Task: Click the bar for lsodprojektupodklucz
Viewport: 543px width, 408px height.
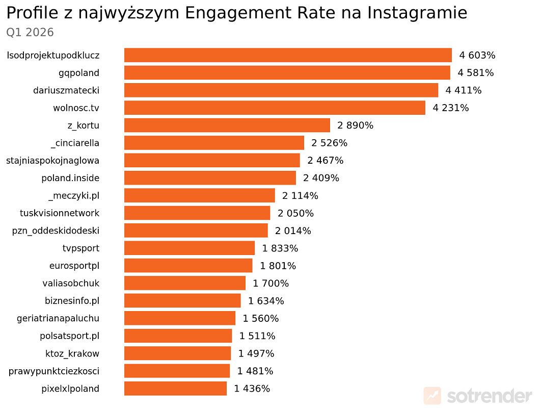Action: click(x=288, y=55)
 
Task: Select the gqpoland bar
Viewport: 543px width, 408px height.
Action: click(x=287, y=72)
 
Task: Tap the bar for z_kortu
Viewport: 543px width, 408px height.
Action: click(x=227, y=125)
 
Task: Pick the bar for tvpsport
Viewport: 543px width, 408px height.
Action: click(x=189, y=248)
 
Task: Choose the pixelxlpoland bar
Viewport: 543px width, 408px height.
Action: click(x=175, y=388)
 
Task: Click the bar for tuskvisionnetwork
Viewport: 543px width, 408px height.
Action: click(x=197, y=213)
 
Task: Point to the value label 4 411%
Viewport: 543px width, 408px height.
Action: click(x=464, y=90)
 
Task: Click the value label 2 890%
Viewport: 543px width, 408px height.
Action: click(x=355, y=125)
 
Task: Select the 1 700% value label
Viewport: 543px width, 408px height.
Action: click(x=270, y=283)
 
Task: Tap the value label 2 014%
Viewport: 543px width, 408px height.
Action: click(x=293, y=231)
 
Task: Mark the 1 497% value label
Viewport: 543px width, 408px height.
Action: click(x=256, y=353)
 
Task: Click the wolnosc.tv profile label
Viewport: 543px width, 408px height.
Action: click(x=76, y=108)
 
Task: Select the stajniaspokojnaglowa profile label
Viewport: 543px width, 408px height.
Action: click(x=52, y=160)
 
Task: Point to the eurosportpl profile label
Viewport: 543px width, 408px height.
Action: click(x=74, y=265)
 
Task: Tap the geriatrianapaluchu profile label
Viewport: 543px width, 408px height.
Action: click(x=58, y=318)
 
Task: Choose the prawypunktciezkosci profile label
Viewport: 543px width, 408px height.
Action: click(x=53, y=371)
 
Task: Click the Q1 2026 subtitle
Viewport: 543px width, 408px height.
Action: click(x=30, y=33)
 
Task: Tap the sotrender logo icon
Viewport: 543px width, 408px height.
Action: click(x=432, y=395)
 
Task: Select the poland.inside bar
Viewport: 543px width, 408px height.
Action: click(x=210, y=177)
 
